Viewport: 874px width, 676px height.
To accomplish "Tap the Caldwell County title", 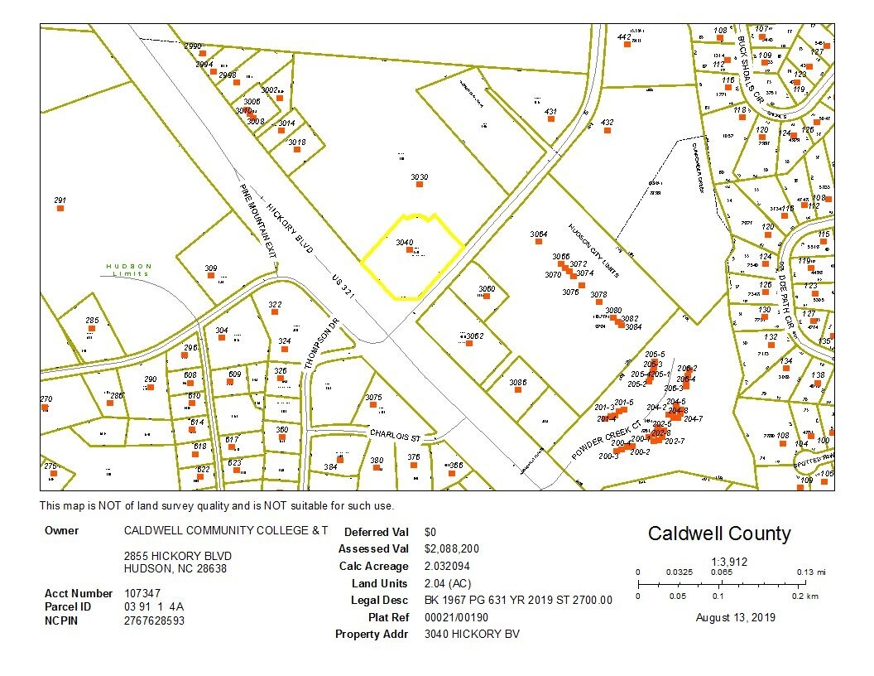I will click(718, 534).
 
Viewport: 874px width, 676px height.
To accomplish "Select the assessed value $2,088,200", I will click(451, 548).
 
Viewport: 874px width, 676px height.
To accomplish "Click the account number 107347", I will click(142, 593).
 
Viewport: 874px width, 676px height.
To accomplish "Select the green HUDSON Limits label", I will click(129, 269).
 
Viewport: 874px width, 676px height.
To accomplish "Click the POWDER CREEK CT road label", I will click(606, 440).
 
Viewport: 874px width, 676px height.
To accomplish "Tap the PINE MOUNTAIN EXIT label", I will click(257, 221).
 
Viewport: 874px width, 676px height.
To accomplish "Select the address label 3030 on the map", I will click(420, 177).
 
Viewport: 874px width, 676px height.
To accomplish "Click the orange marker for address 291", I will click(60, 208).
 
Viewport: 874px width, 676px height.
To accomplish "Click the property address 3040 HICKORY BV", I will click(472, 635).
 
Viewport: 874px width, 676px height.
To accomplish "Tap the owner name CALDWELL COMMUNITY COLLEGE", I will click(225, 530).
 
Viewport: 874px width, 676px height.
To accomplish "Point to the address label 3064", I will click(539, 234).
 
